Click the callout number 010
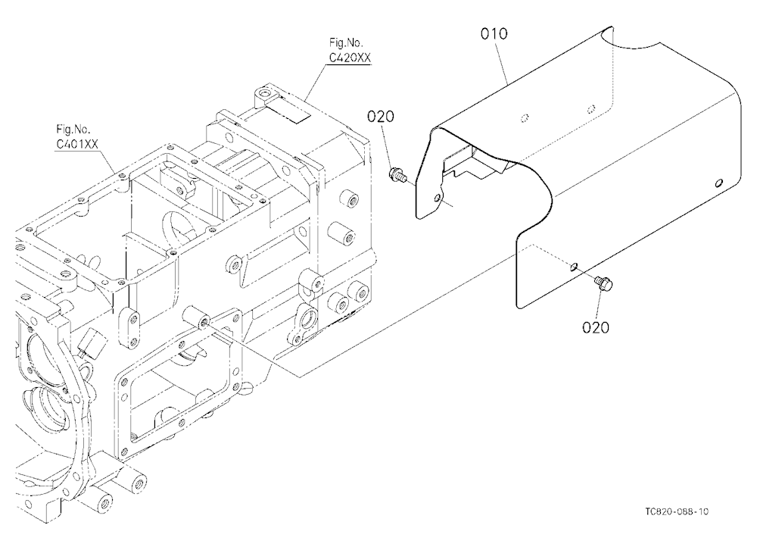click(494, 34)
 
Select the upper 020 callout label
click(381, 117)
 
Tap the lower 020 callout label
click(596, 328)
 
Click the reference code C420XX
click(350, 58)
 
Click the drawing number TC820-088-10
click(677, 512)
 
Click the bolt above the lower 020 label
click(603, 283)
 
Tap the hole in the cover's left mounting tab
click(438, 198)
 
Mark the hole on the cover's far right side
click(718, 183)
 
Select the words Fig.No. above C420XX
click(346, 43)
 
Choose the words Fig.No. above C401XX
click(73, 129)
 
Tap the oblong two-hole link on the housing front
click(127, 328)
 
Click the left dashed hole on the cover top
click(526, 117)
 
